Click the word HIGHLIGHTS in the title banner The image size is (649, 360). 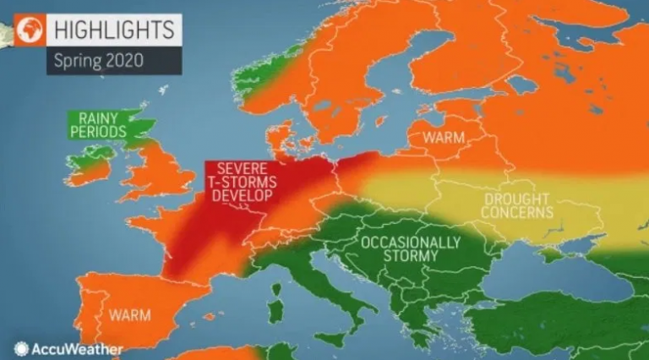pyautogui.click(x=114, y=29)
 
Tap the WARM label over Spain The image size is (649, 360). pyautogui.click(x=129, y=315)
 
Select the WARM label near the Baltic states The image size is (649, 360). pyautogui.click(x=443, y=136)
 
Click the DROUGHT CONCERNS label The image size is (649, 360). pyautogui.click(x=517, y=205)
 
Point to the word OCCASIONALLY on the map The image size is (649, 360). pyautogui.click(x=410, y=243)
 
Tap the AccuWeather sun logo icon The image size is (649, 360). pyautogui.click(x=21, y=348)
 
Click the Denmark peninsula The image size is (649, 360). pyautogui.click(x=279, y=135)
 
